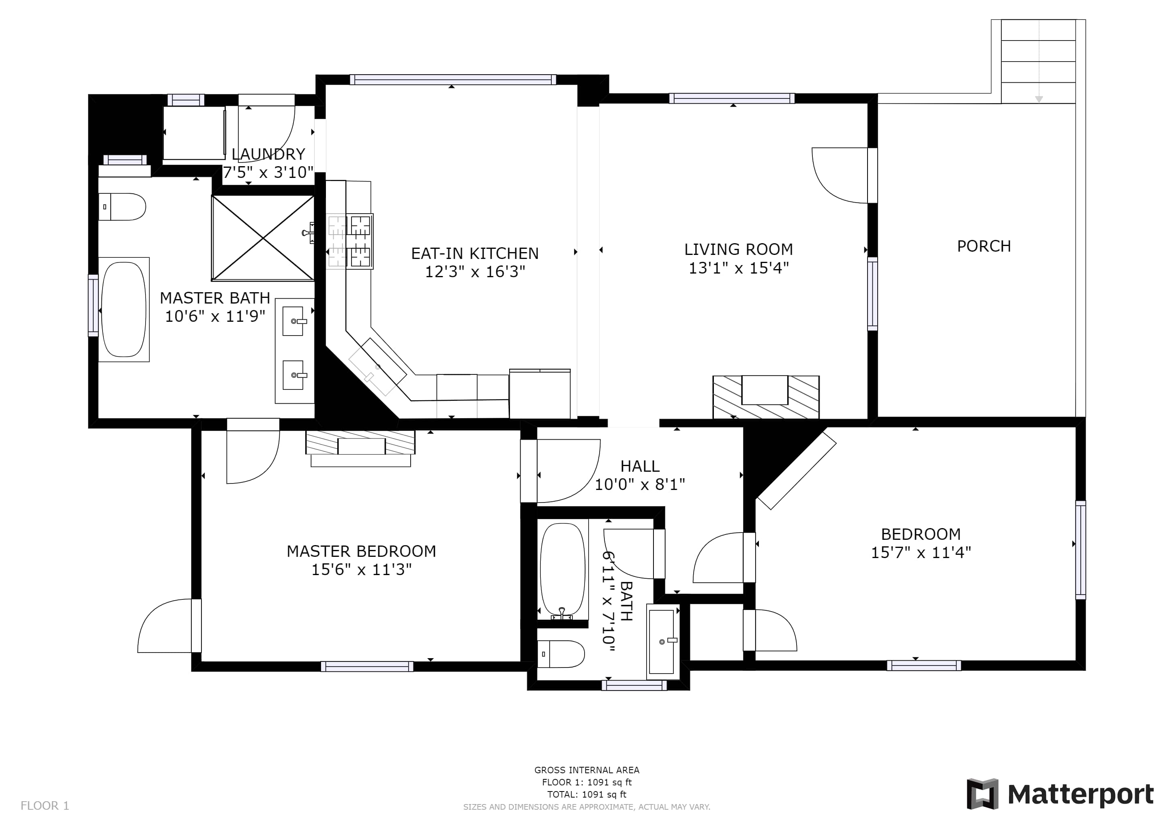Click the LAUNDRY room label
coord(268,154)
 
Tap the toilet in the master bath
coord(122,206)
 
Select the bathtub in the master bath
coord(124,310)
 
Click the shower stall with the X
coord(263,238)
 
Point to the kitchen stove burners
coord(350,241)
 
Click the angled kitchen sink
coord(377,367)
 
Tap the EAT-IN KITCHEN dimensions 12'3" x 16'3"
coord(475,272)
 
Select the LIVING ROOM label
coord(739,249)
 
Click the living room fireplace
coord(766,397)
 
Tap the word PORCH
coord(984,246)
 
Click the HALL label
coord(640,466)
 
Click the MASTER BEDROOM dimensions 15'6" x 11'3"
coord(362,569)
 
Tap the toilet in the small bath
coord(561,654)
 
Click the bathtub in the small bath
coord(562,569)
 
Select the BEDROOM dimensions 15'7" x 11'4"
coord(921,552)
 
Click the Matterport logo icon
coord(982,794)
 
